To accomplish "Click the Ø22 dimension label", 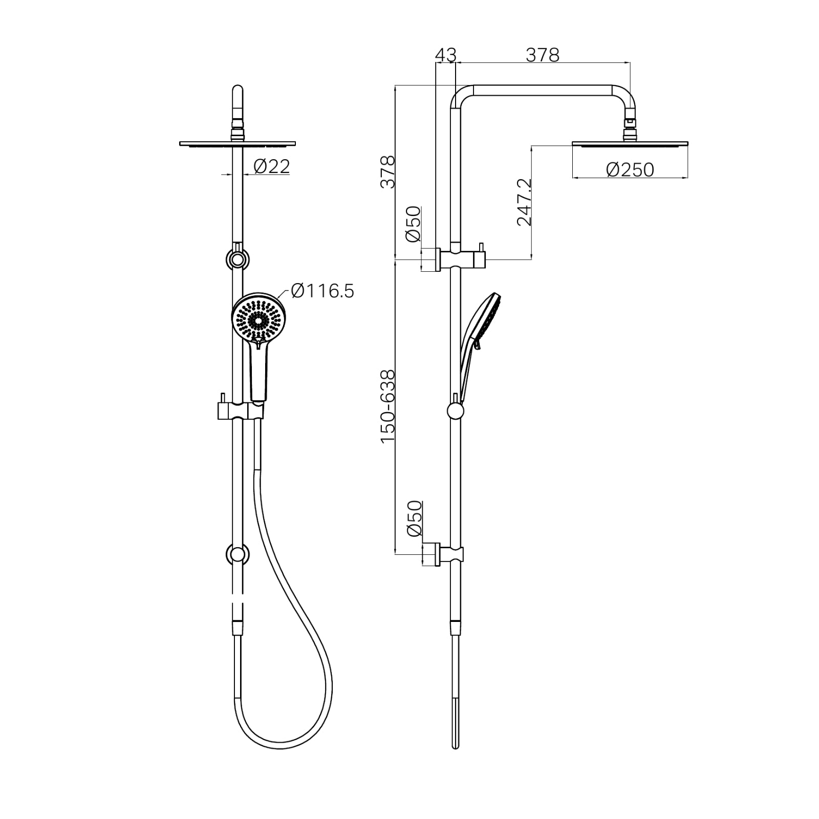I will (272, 166).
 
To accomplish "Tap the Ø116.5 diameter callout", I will (322, 291).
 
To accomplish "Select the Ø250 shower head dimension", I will (630, 169).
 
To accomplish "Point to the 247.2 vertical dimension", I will (525, 202).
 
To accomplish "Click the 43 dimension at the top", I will (445, 54).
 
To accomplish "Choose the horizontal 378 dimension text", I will (543, 54).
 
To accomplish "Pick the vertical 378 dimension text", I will (387, 172).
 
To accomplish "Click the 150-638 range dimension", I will (387, 407).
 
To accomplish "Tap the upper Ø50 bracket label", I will (413, 224).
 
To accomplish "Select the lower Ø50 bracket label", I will (414, 518).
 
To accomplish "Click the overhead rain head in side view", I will (630, 144).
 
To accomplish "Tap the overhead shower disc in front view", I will (238, 143).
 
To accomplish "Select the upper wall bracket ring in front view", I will (237, 260).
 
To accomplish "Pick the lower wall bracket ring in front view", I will (237, 554).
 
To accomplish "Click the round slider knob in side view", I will (455, 411).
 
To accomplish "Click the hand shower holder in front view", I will (241, 409).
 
